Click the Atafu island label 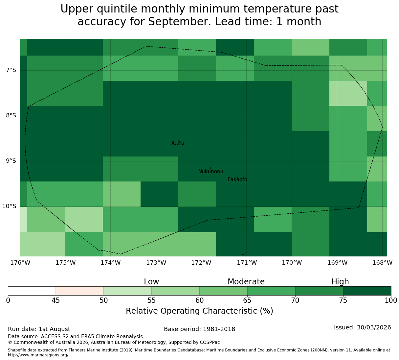[178, 143]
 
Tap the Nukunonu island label [211, 171]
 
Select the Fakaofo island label [237, 179]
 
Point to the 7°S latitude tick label [11, 70]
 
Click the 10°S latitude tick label [9, 206]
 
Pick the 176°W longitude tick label [20, 263]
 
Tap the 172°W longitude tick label [201, 263]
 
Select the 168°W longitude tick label [382, 263]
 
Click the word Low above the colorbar [151, 282]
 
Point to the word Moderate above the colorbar [246, 282]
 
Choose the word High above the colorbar [340, 282]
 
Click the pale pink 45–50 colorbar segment [80, 291]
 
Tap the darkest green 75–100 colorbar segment [367, 291]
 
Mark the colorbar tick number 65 [247, 300]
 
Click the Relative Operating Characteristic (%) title [200, 311]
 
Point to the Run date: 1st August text [39, 329]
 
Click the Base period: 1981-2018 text [200, 329]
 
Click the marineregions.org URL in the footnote [39, 355]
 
